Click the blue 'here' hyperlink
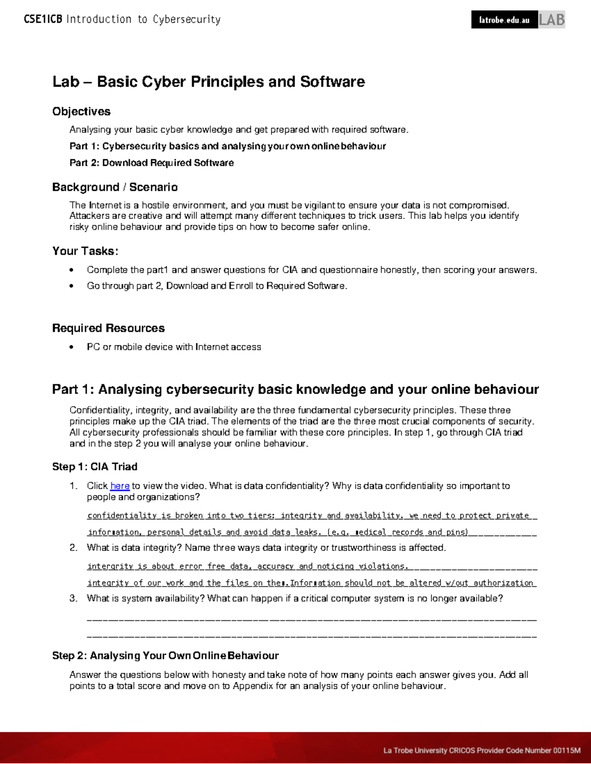(x=120, y=486)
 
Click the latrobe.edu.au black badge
(x=504, y=20)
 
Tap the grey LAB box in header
(x=552, y=20)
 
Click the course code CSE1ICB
(x=43, y=20)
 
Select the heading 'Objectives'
(x=81, y=112)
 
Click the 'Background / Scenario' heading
(x=115, y=187)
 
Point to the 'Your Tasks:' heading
(x=85, y=251)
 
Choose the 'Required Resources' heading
(x=108, y=328)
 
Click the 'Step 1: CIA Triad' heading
(x=95, y=467)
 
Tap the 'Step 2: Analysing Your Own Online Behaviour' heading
(x=165, y=656)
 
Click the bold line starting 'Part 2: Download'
(x=152, y=163)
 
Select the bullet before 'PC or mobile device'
(x=72, y=347)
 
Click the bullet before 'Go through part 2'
(x=72, y=286)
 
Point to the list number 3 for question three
(x=73, y=599)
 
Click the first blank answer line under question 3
(x=311, y=619)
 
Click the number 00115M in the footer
(x=567, y=751)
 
